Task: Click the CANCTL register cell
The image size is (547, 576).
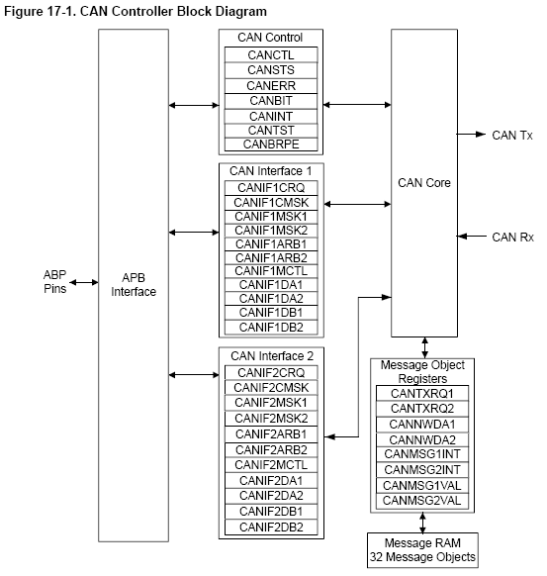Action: (x=271, y=54)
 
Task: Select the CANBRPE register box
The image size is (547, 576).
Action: (x=271, y=144)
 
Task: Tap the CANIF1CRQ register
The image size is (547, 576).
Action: (x=271, y=188)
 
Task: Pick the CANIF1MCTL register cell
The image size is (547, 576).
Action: (x=271, y=271)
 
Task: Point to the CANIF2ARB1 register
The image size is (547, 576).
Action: (x=271, y=434)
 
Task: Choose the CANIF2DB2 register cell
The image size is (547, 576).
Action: (x=271, y=528)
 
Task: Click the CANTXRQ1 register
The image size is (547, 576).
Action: (x=422, y=394)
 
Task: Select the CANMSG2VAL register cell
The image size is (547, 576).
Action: (x=422, y=501)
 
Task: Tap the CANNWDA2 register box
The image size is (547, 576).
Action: (x=422, y=439)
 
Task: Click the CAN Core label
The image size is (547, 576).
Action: (x=424, y=182)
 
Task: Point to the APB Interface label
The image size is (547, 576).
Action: (x=134, y=285)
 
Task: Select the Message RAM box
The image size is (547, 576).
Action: (x=422, y=550)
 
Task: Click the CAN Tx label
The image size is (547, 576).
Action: (x=512, y=136)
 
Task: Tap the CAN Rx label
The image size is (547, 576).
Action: (x=512, y=238)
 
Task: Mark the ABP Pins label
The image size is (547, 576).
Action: (x=55, y=282)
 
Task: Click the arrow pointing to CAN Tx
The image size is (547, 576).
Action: (x=472, y=134)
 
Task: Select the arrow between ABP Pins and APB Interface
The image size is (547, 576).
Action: (x=84, y=282)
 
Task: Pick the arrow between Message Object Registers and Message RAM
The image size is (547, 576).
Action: (x=422, y=523)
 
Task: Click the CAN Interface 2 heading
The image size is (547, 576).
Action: (x=272, y=356)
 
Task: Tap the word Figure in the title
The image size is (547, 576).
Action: (x=24, y=12)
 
